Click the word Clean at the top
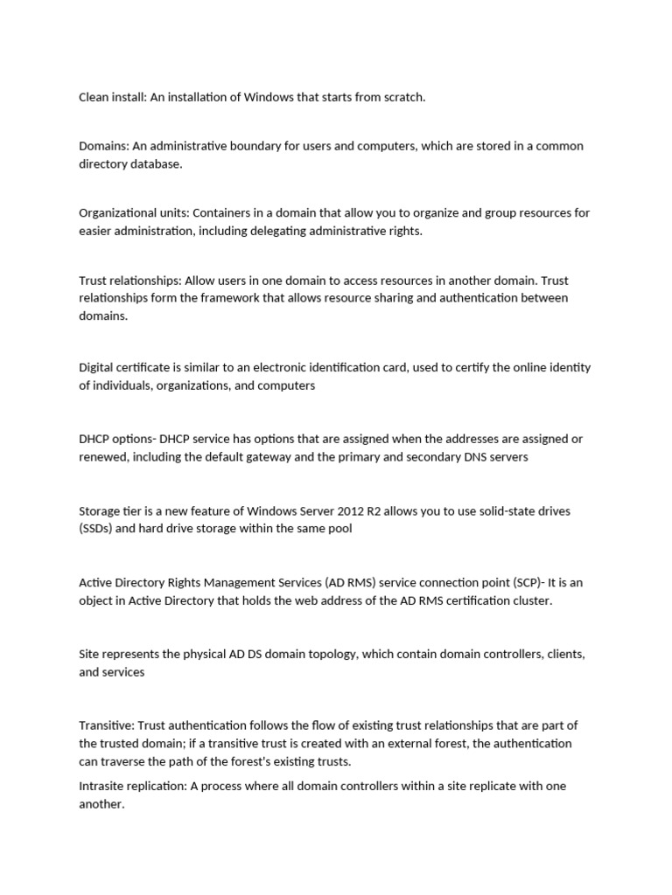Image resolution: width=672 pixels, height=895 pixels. (94, 97)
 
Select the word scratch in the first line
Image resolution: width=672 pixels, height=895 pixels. (403, 97)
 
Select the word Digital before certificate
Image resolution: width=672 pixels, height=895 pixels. (98, 368)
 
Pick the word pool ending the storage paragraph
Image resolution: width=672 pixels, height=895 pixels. (341, 528)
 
